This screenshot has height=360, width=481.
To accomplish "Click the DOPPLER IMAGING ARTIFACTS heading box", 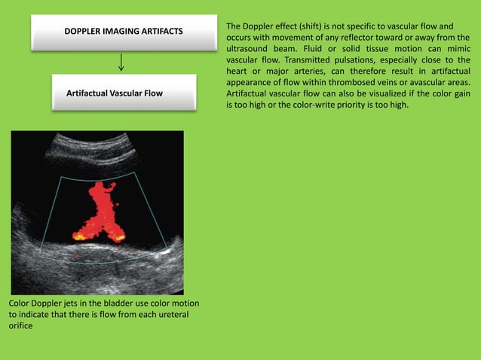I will click(x=121, y=32).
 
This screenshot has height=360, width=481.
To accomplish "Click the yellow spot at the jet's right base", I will click(x=119, y=236).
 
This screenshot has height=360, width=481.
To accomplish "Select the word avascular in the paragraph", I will click(x=418, y=81).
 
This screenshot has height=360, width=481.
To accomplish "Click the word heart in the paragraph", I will click(x=238, y=71).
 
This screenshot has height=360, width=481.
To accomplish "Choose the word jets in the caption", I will click(x=74, y=304).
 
